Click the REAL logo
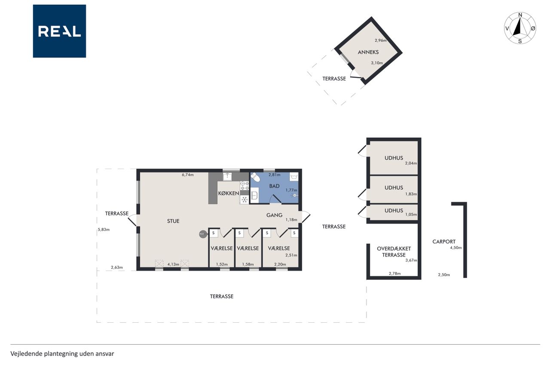tap(59, 31)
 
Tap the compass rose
tap(520, 28)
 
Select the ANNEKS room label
tap(368, 52)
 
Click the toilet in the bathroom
tap(255, 177)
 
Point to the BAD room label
tap(274, 186)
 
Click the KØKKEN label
tap(229, 193)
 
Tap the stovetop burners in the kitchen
tap(244, 186)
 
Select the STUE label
tap(173, 221)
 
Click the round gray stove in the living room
tap(202, 234)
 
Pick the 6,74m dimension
tap(188, 175)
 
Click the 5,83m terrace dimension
tap(104, 230)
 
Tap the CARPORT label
tap(444, 242)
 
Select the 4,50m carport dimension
tap(456, 247)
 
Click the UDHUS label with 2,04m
tap(394, 158)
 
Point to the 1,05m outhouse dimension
tap(411, 214)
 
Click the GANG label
tap(274, 215)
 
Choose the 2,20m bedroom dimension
tap(280, 264)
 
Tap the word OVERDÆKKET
tap(394, 249)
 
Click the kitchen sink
tap(227, 177)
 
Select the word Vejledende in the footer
tap(26, 354)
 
